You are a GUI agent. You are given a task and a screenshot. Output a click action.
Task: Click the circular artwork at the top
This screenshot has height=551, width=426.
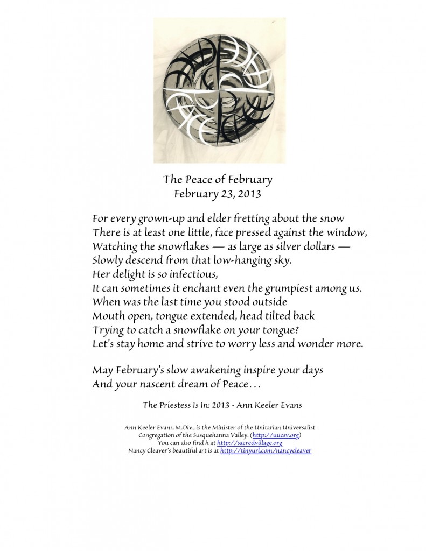pos(220,90)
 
